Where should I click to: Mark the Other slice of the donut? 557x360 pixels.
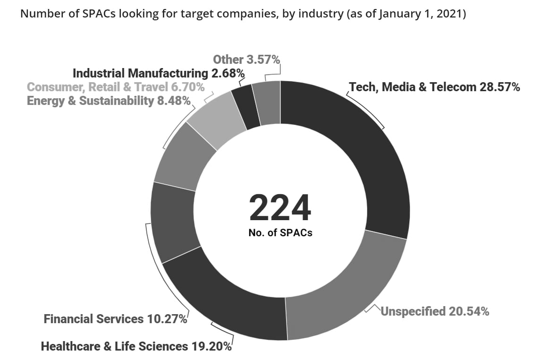(x=267, y=103)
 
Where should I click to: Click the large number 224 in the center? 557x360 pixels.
(x=280, y=208)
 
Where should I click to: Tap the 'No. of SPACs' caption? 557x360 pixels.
(x=280, y=233)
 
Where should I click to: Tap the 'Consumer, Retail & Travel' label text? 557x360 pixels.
(x=97, y=87)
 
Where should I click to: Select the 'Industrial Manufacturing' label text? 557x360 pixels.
(x=139, y=73)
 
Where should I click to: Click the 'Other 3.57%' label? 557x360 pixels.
(x=246, y=60)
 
